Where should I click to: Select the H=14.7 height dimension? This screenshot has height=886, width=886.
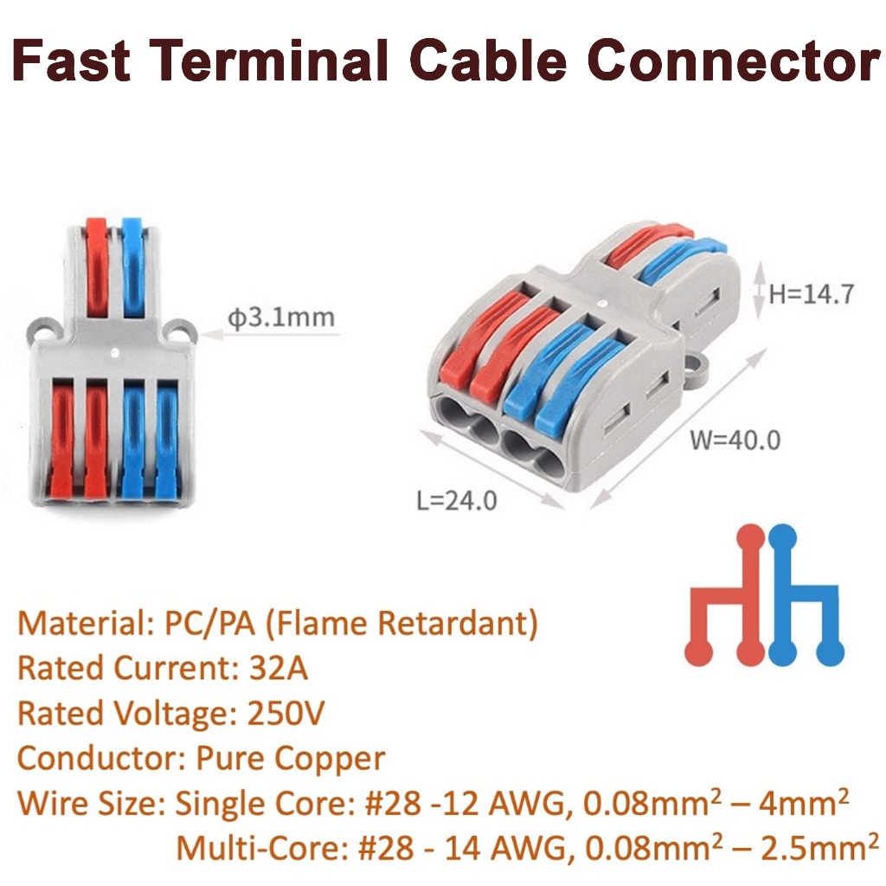812,293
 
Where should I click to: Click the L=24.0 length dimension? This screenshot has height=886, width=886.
456,499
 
